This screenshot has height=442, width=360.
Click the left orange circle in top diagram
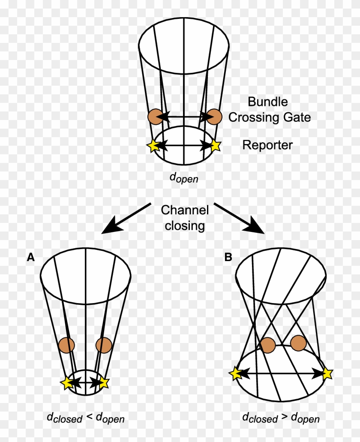[154, 116]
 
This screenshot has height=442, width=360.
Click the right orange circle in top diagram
[215, 116]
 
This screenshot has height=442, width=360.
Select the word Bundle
[268, 102]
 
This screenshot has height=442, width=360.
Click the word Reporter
[267, 145]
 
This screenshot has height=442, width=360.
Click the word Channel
[185, 210]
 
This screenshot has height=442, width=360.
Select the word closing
[185, 226]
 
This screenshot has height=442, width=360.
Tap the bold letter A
[31, 257]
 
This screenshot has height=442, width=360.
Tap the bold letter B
[228, 257]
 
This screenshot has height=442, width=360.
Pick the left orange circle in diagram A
[67, 345]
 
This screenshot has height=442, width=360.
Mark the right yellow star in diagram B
[327, 373]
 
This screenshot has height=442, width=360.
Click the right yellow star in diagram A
[104, 383]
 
